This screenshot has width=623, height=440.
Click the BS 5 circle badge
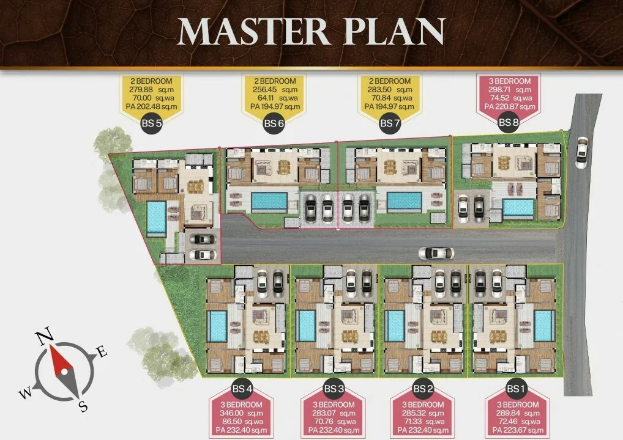(x=152, y=123)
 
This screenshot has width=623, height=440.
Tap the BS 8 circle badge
(x=509, y=122)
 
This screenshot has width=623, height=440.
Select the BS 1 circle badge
(x=515, y=389)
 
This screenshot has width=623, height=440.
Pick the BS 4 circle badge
(x=242, y=389)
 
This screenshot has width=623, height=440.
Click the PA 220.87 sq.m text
(x=510, y=106)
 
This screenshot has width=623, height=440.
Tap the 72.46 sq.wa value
(x=518, y=421)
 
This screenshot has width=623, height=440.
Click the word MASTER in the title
(x=253, y=31)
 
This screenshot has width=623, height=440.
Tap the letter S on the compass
(x=83, y=406)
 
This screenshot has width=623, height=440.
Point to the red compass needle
(x=59, y=360)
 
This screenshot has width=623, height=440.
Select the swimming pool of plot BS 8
(x=518, y=208)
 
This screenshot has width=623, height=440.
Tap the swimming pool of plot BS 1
(x=544, y=326)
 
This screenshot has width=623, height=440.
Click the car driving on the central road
(x=436, y=253)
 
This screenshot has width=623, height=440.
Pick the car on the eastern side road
(x=581, y=152)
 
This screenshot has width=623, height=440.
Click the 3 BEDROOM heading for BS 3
(x=334, y=405)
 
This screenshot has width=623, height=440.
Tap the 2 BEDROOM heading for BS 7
(x=389, y=81)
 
